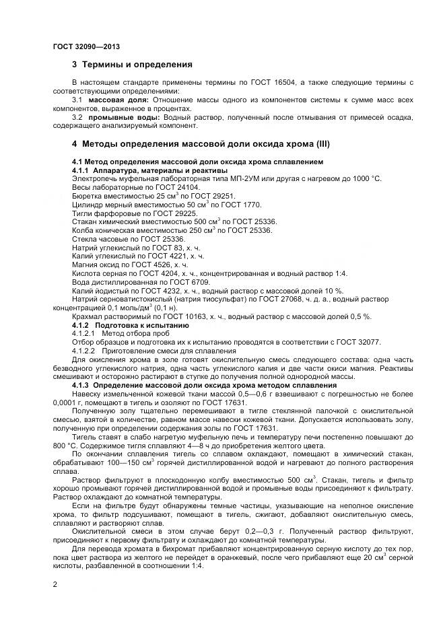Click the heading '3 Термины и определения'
(132, 65)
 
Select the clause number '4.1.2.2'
(85, 351)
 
